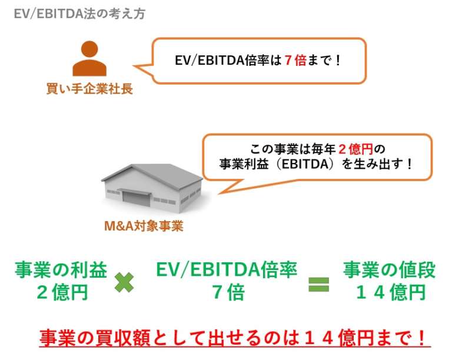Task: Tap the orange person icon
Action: [89, 59]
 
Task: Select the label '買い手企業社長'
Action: [89, 89]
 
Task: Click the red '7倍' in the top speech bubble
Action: [294, 61]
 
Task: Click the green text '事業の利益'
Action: [61, 269]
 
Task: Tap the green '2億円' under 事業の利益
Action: [61, 292]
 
